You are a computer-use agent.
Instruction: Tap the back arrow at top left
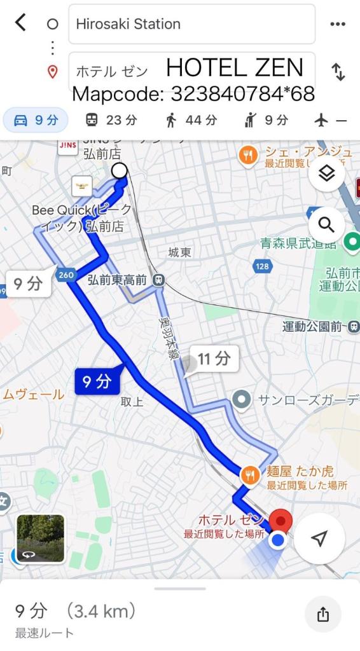(x=20, y=24)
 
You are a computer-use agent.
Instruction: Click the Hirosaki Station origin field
(x=191, y=24)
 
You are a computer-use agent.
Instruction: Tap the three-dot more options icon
(x=337, y=24)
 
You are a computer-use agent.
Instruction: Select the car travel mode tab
(x=36, y=120)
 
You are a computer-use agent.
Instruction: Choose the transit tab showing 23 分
(x=111, y=120)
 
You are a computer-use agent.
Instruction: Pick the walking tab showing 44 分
(x=191, y=120)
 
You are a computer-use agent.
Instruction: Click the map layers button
(x=326, y=174)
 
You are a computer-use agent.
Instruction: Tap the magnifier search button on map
(x=326, y=224)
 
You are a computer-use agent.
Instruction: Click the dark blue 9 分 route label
(x=97, y=381)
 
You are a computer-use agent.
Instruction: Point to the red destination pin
(x=280, y=521)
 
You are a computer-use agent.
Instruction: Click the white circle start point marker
(x=119, y=170)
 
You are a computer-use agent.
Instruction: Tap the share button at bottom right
(x=323, y=614)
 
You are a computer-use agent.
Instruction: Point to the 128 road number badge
(x=262, y=266)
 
